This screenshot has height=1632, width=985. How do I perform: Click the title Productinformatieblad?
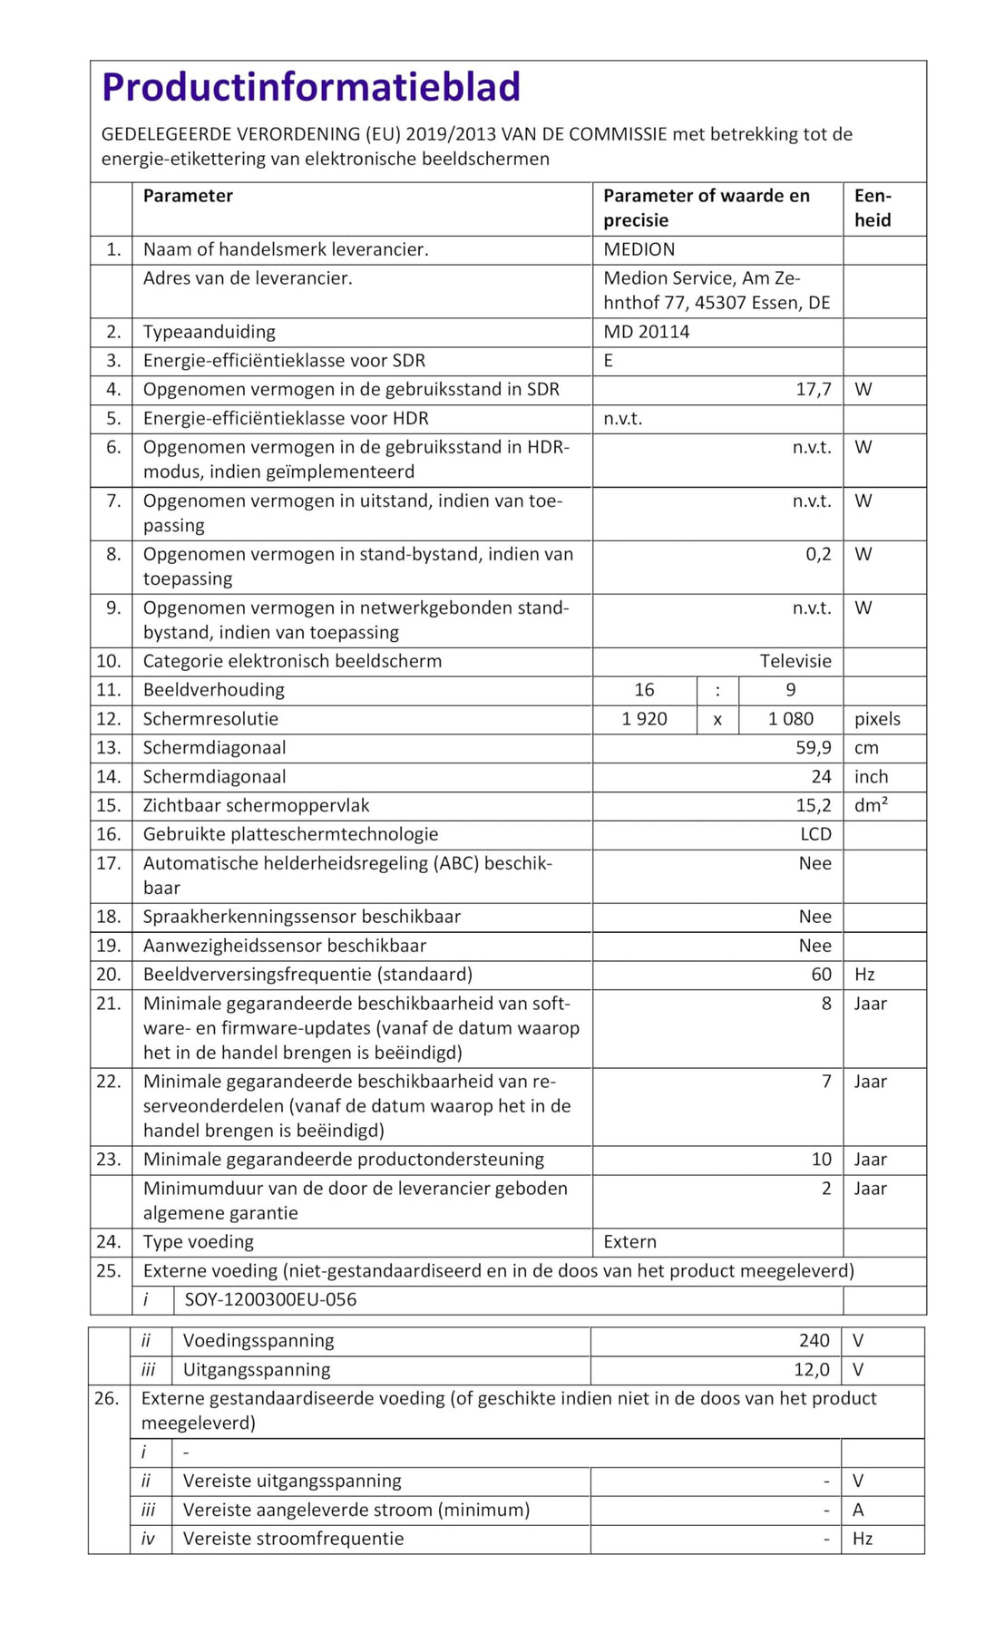[x=311, y=87]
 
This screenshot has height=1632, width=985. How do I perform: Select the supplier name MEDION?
[x=639, y=249]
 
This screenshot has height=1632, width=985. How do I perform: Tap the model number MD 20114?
[x=646, y=332]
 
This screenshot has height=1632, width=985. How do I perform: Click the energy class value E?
[x=609, y=361]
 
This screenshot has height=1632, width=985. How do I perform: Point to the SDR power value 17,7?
[x=813, y=390]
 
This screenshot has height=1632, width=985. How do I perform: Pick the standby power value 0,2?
[x=818, y=554]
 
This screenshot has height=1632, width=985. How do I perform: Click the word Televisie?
[x=795, y=661]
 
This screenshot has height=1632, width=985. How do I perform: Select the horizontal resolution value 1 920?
[x=644, y=719]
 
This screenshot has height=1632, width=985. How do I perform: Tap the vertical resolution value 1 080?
[x=790, y=719]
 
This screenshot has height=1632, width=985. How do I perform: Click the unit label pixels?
[x=877, y=719]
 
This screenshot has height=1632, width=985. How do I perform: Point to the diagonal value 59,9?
[x=813, y=748]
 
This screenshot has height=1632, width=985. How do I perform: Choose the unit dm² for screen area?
[x=871, y=805]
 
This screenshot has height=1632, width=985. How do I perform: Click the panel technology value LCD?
[x=815, y=834]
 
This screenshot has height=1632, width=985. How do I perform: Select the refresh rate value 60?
[x=821, y=975]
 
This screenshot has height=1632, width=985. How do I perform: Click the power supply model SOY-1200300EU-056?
[x=270, y=1299]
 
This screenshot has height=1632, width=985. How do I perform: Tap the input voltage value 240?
[x=814, y=1340]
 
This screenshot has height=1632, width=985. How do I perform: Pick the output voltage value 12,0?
[x=811, y=1369]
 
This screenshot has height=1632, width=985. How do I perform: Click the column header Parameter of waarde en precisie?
[x=707, y=208]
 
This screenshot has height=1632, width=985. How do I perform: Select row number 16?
[x=108, y=834]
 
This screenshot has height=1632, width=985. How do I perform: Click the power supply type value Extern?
[x=629, y=1241]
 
